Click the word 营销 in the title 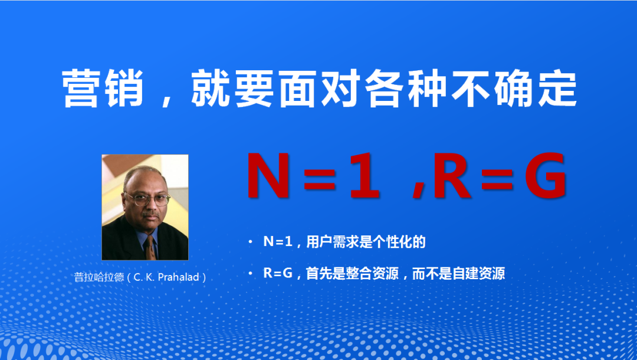[103, 88]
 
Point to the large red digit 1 [363, 176]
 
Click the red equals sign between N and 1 [319, 176]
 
